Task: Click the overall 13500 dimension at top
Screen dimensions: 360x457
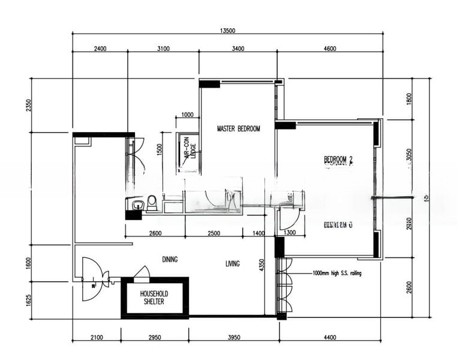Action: pyautogui.click(x=227, y=29)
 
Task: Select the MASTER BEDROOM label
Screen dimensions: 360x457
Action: pyautogui.click(x=238, y=128)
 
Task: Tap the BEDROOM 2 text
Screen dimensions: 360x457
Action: pyautogui.click(x=339, y=159)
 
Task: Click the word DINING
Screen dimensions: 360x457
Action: pyautogui.click(x=170, y=259)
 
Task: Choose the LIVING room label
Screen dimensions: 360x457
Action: pyautogui.click(x=233, y=263)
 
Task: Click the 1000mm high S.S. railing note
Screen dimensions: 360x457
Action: pyautogui.click(x=337, y=272)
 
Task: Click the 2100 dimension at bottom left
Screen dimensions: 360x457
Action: pyautogui.click(x=96, y=338)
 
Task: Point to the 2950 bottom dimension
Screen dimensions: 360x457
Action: pyautogui.click(x=154, y=338)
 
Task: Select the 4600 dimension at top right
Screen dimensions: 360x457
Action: pyautogui.click(x=329, y=49)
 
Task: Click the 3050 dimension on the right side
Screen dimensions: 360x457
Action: pyautogui.click(x=409, y=156)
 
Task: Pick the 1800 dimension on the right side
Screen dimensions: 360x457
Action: pyautogui.click(x=409, y=99)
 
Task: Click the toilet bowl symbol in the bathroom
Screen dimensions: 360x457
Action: pyautogui.click(x=152, y=203)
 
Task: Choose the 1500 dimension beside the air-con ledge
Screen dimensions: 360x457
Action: pyautogui.click(x=160, y=150)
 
